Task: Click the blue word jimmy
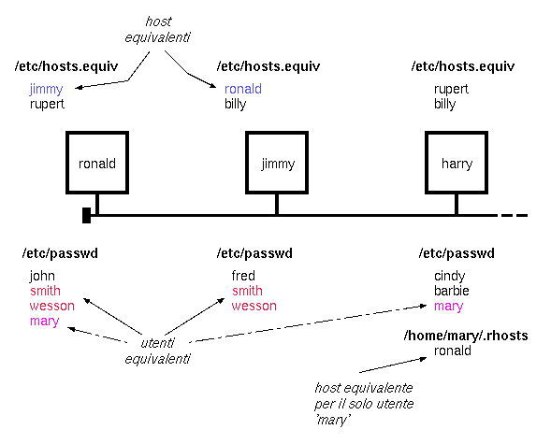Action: [46, 89]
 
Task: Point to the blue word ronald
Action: [243, 89]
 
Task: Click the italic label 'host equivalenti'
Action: [158, 29]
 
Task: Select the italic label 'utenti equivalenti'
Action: [158, 351]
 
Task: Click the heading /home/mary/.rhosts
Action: [466, 336]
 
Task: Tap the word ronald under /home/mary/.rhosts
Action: [453, 351]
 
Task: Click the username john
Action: [42, 277]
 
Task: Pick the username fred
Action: [243, 276]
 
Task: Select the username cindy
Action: [449, 277]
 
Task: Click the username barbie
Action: [452, 291]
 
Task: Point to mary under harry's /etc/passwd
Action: [448, 307]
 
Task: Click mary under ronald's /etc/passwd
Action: [44, 322]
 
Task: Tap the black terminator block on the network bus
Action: [86, 215]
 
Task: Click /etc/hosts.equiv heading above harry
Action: [463, 66]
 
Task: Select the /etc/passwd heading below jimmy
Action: [254, 253]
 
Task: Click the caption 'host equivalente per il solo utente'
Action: [364, 396]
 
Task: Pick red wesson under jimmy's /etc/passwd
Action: [254, 306]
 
